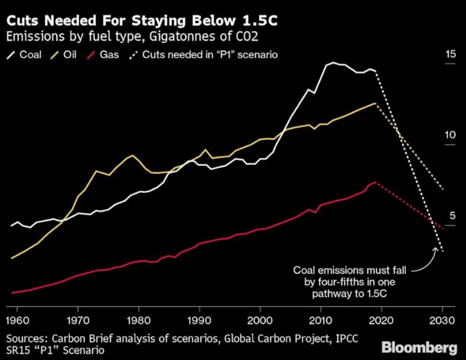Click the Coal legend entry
[24, 55]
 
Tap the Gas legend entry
[103, 55]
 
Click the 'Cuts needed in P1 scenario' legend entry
[204, 55]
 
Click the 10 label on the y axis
[450, 135]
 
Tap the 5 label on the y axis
[452, 215]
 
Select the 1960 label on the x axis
[18, 320]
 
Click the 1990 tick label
[199, 320]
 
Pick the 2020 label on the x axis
[381, 320]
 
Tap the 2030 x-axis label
[442, 320]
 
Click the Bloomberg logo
[419, 347]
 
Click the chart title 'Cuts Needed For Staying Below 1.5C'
[142, 21]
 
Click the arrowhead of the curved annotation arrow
[436, 249]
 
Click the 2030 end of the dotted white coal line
[443, 251]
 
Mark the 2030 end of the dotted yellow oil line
[443, 189]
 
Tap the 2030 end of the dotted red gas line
[443, 228]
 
